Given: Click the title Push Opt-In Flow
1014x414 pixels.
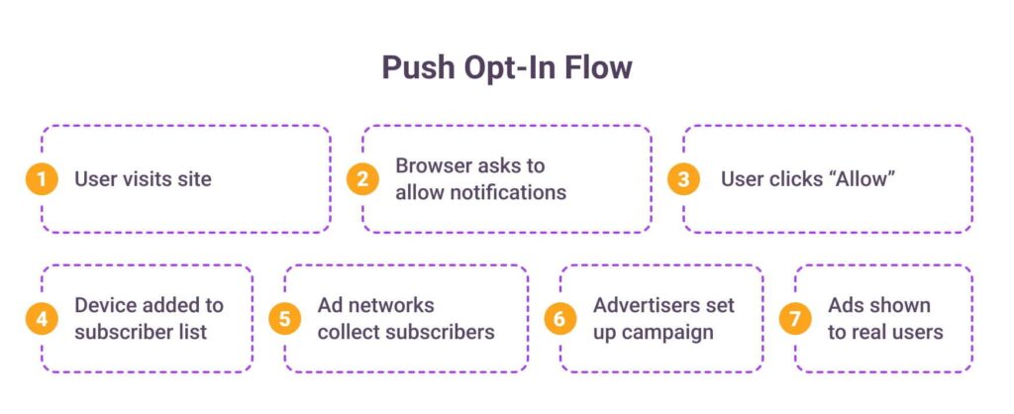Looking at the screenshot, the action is click(506, 67).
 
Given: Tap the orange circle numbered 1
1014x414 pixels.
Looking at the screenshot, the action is click(42, 179).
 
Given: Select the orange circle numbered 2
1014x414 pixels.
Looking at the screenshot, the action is click(362, 179).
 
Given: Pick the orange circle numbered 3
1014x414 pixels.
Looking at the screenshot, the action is click(683, 179).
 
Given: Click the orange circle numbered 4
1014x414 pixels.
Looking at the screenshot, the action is click(42, 319).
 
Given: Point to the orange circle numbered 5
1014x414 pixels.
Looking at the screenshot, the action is click(284, 319).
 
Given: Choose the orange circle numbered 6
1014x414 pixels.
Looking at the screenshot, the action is click(560, 319).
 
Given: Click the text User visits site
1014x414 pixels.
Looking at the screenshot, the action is click(143, 179).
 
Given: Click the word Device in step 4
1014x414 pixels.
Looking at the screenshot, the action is click(106, 305).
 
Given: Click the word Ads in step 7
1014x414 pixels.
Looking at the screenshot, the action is click(845, 305).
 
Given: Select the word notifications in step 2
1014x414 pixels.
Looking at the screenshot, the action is click(513, 193).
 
